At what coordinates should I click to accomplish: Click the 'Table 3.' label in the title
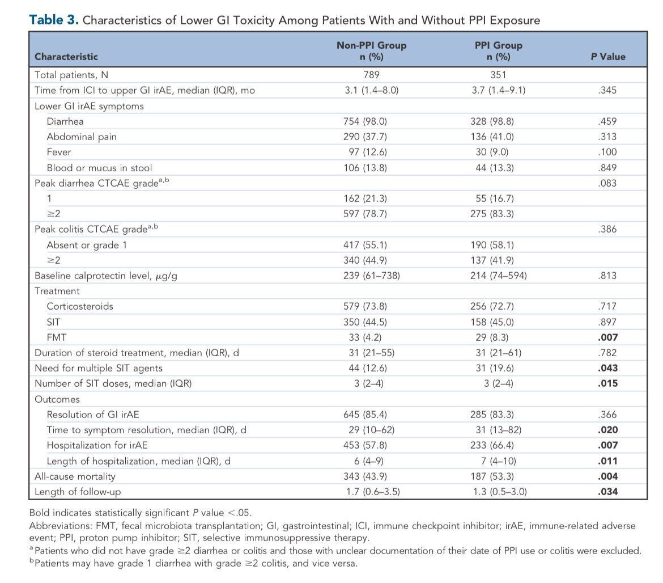(x=54, y=20)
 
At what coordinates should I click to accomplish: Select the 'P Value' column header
(x=607, y=57)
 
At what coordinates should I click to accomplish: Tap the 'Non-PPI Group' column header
(x=371, y=45)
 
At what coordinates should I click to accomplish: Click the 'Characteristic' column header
(x=66, y=57)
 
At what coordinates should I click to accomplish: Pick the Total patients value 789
(x=371, y=75)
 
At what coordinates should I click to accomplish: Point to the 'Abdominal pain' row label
(x=82, y=137)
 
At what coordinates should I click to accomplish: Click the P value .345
(x=607, y=90)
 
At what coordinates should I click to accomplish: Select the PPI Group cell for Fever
(x=492, y=152)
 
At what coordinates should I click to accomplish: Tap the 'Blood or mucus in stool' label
(x=99, y=168)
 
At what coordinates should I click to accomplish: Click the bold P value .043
(x=607, y=368)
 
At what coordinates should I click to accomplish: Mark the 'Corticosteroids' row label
(x=80, y=306)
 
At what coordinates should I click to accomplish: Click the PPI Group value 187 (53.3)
(x=492, y=476)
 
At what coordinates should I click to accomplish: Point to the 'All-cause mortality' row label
(x=75, y=476)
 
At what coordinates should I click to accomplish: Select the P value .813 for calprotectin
(x=607, y=276)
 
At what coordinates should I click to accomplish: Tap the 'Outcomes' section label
(x=57, y=399)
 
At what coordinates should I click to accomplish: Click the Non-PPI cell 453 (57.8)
(x=365, y=445)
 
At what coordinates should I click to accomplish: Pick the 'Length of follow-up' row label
(x=78, y=492)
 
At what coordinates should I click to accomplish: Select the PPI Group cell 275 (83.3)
(x=492, y=214)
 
